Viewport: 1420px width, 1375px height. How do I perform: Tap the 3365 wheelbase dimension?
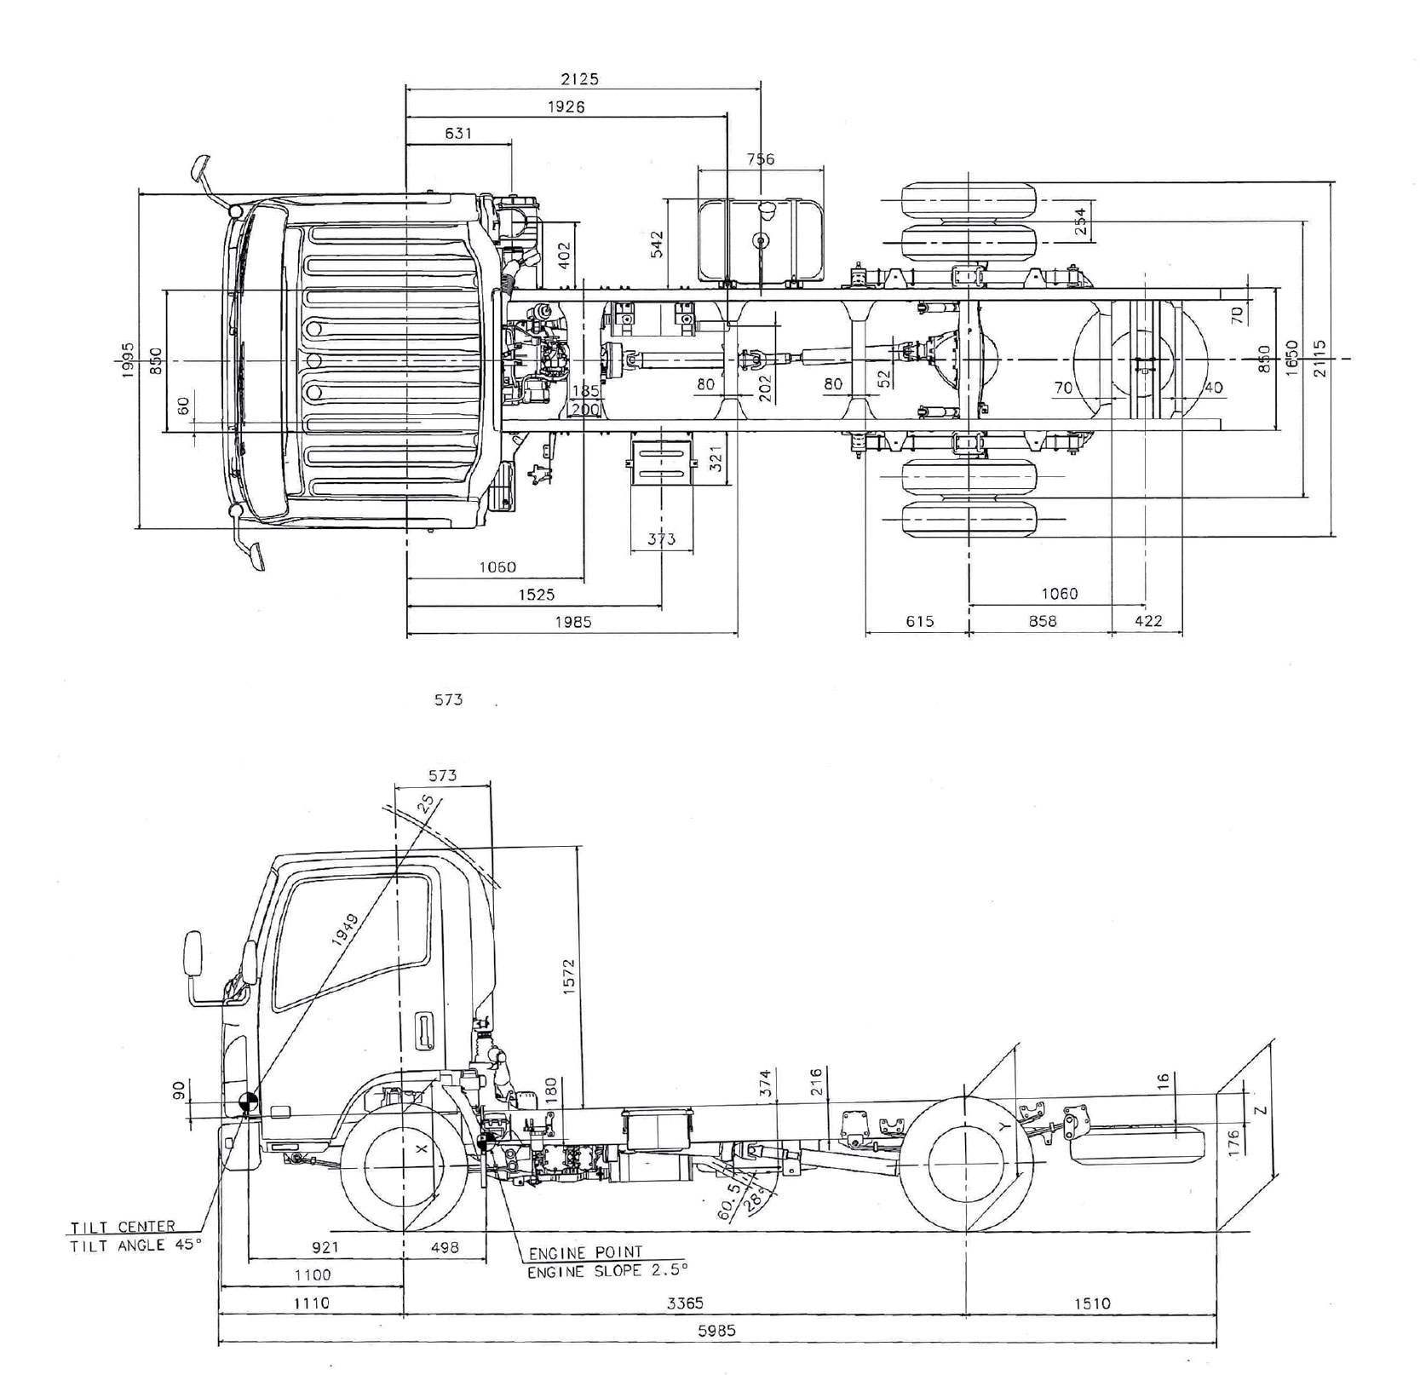pyautogui.click(x=684, y=1303)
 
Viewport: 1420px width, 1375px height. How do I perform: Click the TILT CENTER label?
pyautogui.click(x=123, y=1227)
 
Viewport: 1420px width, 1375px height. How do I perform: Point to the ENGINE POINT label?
pyautogui.click(x=585, y=1253)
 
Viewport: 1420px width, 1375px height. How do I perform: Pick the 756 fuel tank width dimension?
pyautogui.click(x=760, y=159)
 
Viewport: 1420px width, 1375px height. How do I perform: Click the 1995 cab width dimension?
pyautogui.click(x=128, y=359)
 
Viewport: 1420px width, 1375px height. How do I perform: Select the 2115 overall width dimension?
pyautogui.click(x=1319, y=359)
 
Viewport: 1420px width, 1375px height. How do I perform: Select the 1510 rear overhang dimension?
pyautogui.click(x=1092, y=1303)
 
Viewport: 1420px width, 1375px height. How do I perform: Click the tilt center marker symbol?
pyautogui.click(x=249, y=1102)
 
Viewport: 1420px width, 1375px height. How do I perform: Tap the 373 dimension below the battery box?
pyautogui.click(x=661, y=538)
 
